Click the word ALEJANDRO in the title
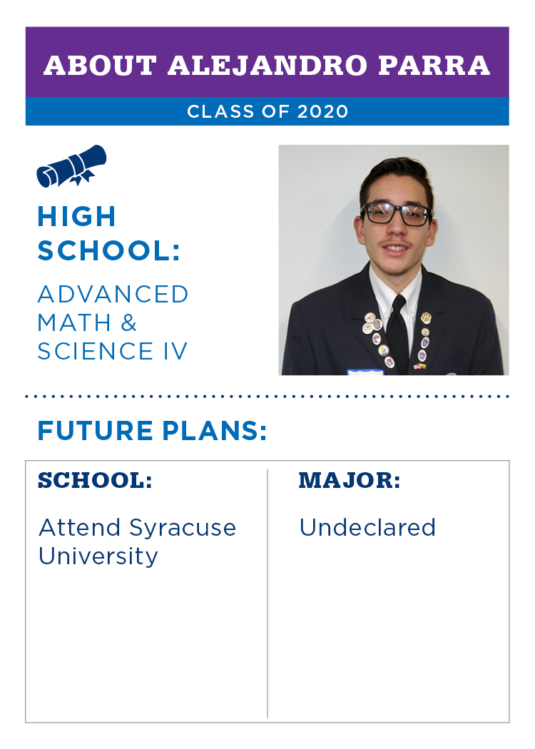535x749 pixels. pyautogui.click(x=267, y=66)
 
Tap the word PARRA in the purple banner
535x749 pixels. pyautogui.click(x=434, y=66)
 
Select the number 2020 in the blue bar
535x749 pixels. pyautogui.click(x=323, y=111)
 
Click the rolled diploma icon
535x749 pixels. pyautogui.click(x=71, y=165)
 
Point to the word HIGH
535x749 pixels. pyautogui.click(x=77, y=216)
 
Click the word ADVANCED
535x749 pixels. pyautogui.click(x=113, y=294)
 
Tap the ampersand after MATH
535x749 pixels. pyautogui.click(x=128, y=322)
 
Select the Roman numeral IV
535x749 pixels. pyautogui.click(x=175, y=351)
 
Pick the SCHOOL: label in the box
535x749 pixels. pyautogui.click(x=95, y=481)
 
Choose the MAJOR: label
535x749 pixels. pyautogui.click(x=350, y=481)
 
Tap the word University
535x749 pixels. pyautogui.click(x=98, y=557)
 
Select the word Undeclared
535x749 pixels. pyautogui.click(x=367, y=528)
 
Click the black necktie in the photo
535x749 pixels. pyautogui.click(x=397, y=335)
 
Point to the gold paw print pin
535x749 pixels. pyautogui.click(x=426, y=317)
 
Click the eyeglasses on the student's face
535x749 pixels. pyautogui.click(x=396, y=213)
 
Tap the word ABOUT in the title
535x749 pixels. pyautogui.click(x=101, y=66)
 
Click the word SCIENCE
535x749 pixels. pyautogui.click(x=96, y=351)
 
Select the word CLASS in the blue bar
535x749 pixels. pyautogui.click(x=220, y=111)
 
